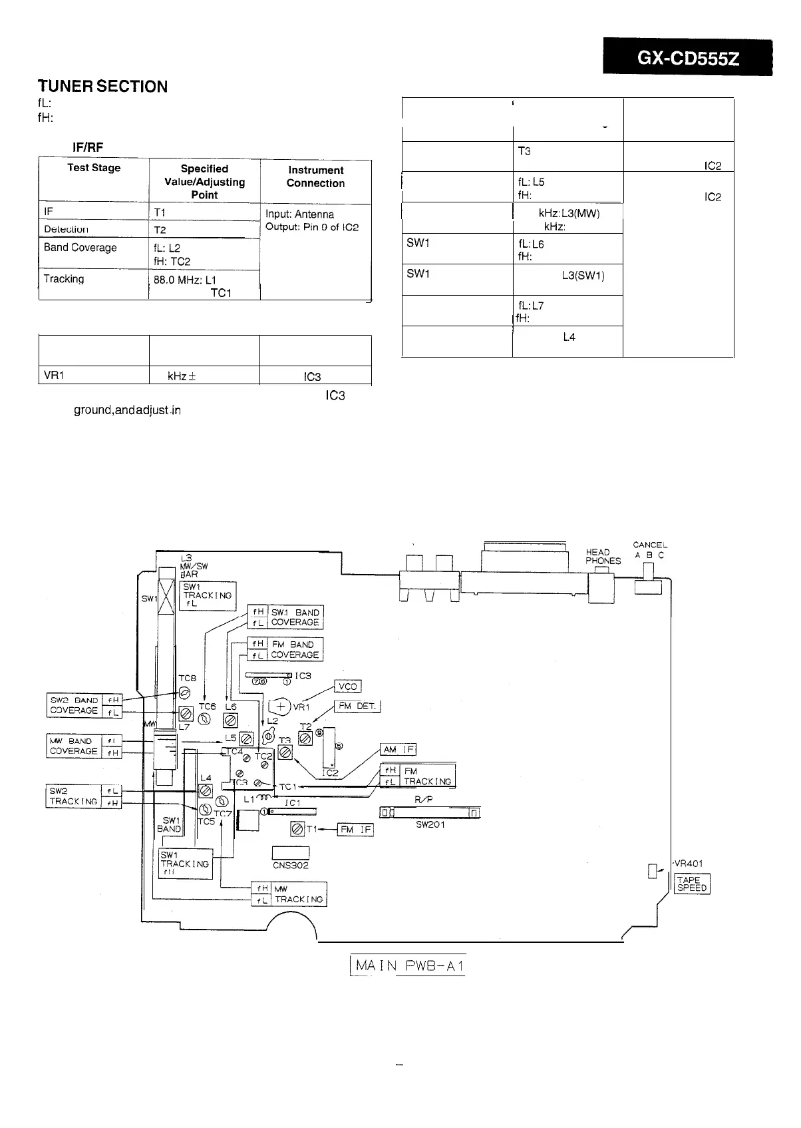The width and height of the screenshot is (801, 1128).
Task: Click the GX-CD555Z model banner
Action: coord(687,58)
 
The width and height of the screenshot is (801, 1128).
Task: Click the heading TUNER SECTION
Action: coord(102,87)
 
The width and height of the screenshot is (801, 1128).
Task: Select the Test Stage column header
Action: coord(94,168)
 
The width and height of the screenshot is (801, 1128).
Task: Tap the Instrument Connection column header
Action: coord(316,176)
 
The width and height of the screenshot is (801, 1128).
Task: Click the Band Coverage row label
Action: coord(80,248)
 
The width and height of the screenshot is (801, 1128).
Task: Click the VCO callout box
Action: coord(348,687)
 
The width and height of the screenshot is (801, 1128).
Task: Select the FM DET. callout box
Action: coord(357,706)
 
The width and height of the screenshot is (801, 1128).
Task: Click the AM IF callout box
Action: coord(398,749)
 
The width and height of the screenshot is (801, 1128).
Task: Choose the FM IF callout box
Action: coord(356,830)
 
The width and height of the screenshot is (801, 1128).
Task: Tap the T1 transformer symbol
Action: coord(297,829)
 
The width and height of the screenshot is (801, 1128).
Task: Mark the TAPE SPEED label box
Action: coord(692,884)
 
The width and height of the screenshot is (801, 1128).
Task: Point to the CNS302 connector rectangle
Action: coord(291,853)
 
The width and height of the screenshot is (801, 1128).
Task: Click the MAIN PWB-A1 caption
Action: coord(407,965)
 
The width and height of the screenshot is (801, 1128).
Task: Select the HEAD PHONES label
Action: coord(603,556)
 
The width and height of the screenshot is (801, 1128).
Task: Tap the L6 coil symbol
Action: coord(231,720)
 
